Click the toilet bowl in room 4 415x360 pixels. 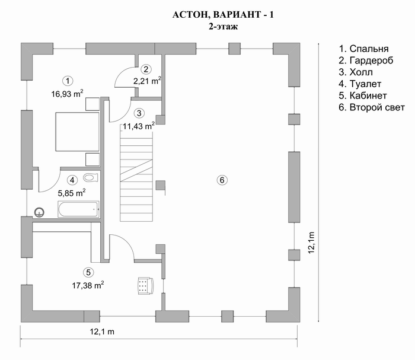click(x=91, y=177)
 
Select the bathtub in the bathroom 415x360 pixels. click(x=78, y=209)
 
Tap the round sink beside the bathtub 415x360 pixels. click(x=40, y=212)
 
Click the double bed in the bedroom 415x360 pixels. click(x=77, y=132)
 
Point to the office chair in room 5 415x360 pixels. click(x=145, y=286)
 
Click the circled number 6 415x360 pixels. click(x=222, y=180)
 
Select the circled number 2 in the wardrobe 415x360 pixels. click(x=146, y=69)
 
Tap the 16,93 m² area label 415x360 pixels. click(x=67, y=94)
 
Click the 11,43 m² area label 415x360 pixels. click(x=138, y=126)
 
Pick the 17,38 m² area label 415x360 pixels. click(x=88, y=285)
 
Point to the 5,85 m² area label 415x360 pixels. click(x=72, y=193)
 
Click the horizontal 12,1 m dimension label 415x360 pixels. click(x=102, y=332)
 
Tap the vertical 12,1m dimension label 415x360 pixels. click(x=311, y=243)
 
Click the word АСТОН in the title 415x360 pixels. click(x=189, y=15)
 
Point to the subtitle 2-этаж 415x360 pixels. click(x=223, y=27)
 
